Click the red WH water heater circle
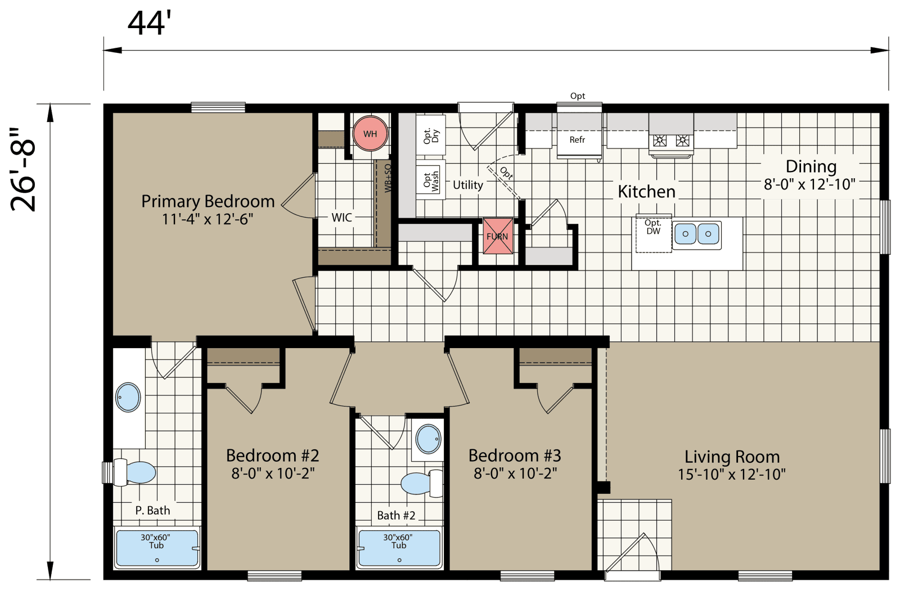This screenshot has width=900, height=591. point(370,134)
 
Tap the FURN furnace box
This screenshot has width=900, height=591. point(498,236)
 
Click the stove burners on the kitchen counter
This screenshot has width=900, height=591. point(671,141)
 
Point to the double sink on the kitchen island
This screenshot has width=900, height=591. point(696,234)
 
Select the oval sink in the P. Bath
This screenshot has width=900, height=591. point(128,398)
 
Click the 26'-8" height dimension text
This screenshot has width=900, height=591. point(24,169)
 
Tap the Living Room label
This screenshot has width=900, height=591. point(732,457)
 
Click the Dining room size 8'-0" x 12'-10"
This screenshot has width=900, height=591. point(809,184)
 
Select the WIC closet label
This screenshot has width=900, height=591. point(341,218)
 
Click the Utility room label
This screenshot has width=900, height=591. point(468,185)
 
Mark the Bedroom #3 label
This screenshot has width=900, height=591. point(515,455)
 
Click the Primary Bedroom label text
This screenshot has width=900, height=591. point(208,201)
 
